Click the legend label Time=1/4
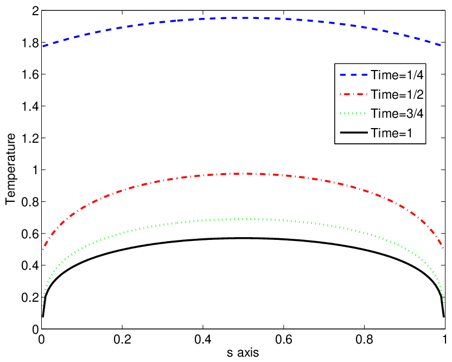coord(397,75)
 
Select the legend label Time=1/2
coord(397,94)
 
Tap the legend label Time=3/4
coord(397,113)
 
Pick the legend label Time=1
coord(391,133)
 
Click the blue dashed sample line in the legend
coord(354,75)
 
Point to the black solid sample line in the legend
coord(354,132)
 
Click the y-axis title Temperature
coord(10,169)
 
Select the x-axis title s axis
coord(243,352)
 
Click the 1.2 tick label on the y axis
coord(30,138)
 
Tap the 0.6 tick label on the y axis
coord(30,234)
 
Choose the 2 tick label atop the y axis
coord(35,11)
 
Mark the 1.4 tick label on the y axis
coord(30,106)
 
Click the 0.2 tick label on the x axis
coord(122,339)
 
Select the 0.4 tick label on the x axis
coord(203,339)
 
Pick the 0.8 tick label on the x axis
coord(365,339)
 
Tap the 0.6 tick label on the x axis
coord(284,339)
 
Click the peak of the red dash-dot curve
coord(243,174)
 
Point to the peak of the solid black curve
coord(243,238)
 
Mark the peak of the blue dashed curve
coord(243,18)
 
